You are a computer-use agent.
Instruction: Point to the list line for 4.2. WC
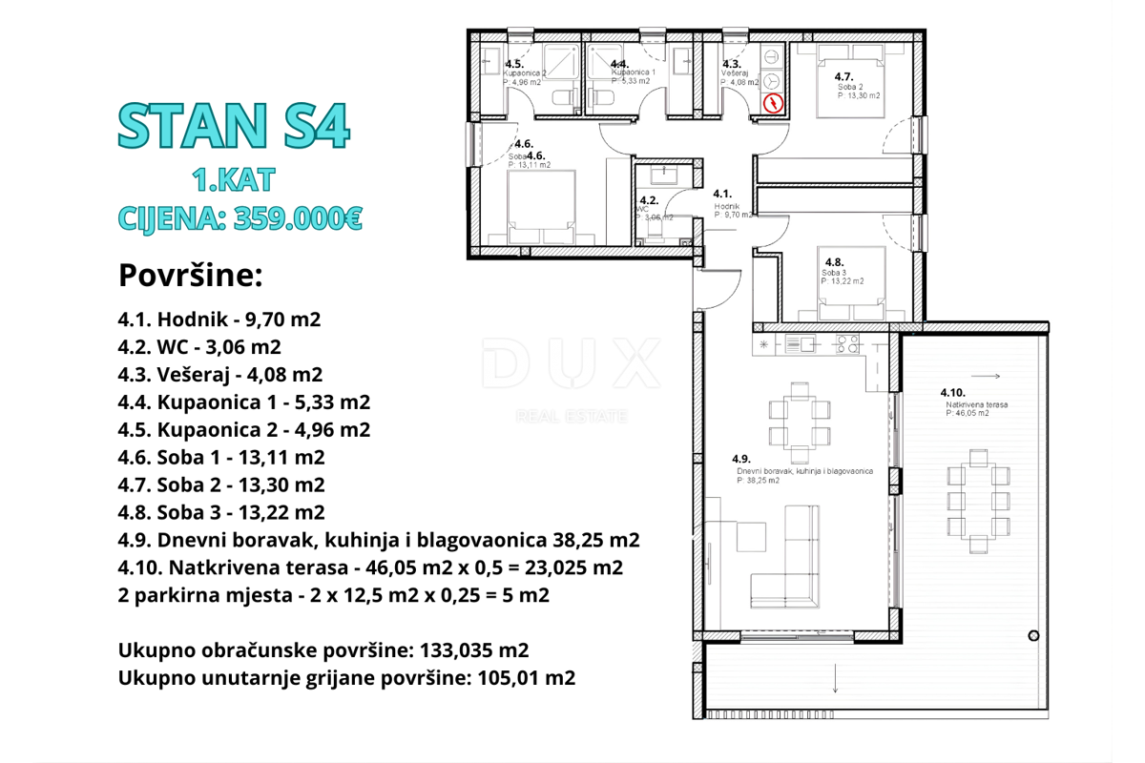[x=199, y=347]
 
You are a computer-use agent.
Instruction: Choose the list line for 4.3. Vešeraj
[x=220, y=374]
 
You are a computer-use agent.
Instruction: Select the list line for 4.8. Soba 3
[x=221, y=512]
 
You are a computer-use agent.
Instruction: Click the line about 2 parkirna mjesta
[x=333, y=595]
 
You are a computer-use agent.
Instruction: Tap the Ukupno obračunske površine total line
[x=323, y=650]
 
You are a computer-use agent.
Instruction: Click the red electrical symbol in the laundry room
[x=774, y=103]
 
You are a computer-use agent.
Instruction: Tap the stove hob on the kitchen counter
[x=847, y=343]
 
